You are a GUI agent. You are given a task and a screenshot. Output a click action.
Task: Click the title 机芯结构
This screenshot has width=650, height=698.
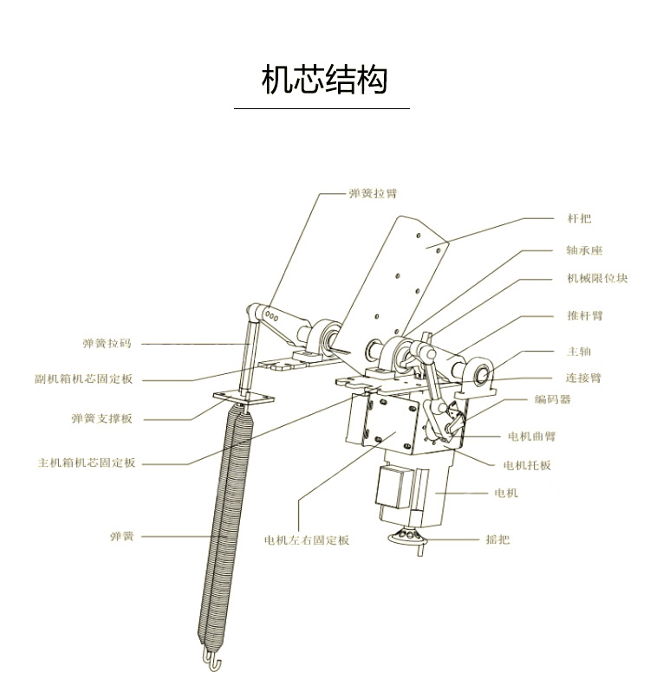click(x=324, y=79)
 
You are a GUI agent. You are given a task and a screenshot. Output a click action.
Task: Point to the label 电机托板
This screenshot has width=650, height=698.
click(x=526, y=465)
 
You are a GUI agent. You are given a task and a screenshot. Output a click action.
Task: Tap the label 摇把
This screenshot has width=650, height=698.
click(x=497, y=539)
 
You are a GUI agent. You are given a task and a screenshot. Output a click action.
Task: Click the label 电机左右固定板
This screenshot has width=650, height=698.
click(x=307, y=540)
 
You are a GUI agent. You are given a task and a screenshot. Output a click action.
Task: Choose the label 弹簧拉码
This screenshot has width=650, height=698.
click(x=107, y=344)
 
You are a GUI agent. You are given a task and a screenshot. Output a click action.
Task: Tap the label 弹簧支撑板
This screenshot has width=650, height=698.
click(x=101, y=418)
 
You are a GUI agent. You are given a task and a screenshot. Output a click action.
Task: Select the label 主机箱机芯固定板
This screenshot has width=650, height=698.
click(x=87, y=463)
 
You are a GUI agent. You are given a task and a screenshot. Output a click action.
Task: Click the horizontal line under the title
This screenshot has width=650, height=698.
click(x=322, y=109)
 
